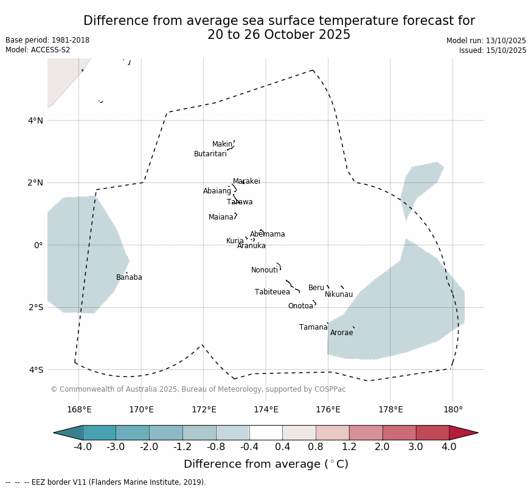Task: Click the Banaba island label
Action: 129,277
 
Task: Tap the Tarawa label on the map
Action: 240,202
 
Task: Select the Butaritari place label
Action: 210,154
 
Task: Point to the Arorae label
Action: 341,333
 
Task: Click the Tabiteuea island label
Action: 272,292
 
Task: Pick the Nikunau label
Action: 339,294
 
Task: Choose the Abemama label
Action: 267,234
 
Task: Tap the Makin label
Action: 222,144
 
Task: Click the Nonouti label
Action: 265,270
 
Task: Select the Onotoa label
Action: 300,306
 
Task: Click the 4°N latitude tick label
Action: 35,120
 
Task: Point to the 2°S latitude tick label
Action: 35,307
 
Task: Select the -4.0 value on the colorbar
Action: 83,447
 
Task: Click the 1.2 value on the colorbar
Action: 349,447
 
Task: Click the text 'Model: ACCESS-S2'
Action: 38,50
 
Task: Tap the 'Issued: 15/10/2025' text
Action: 493,50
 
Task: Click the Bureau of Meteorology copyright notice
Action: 198,389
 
